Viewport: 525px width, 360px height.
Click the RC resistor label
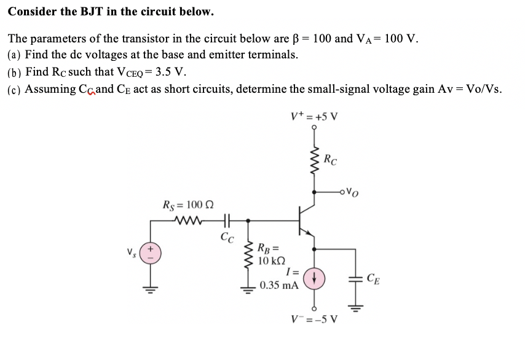331,162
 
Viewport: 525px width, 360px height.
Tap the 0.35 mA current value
279,286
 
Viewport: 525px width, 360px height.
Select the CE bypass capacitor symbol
355,280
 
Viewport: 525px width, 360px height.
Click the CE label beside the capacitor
373,281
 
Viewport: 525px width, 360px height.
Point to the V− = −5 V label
315,320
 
